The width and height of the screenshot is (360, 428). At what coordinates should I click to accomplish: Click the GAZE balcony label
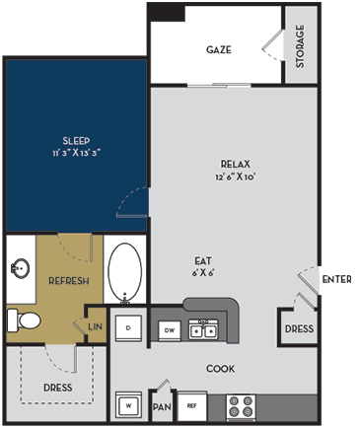point(219,49)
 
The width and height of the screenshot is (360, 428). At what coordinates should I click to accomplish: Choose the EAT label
point(203,261)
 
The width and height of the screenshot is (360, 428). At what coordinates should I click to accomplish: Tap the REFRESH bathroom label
point(69,281)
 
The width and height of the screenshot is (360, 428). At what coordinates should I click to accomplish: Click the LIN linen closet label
point(96,326)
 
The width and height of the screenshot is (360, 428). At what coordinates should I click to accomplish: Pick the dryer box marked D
point(128,326)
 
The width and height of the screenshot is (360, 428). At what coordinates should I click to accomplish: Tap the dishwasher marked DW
point(169,330)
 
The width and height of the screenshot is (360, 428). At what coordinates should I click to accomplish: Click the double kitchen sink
point(202,329)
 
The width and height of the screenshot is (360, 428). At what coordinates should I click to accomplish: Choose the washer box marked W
point(127,404)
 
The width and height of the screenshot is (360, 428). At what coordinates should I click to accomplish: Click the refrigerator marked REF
point(192,404)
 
